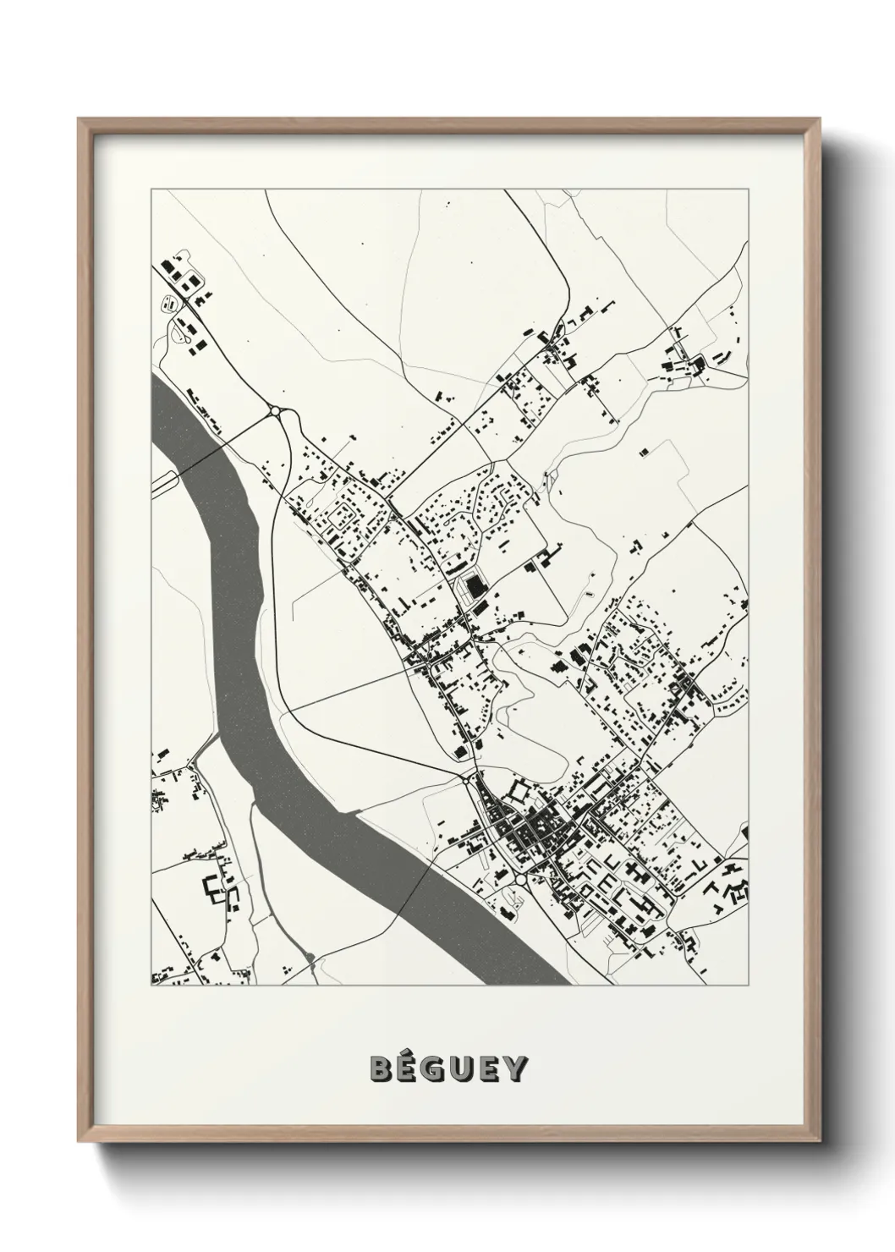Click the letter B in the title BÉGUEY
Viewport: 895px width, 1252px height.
380,1068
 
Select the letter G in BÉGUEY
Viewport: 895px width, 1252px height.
437,1068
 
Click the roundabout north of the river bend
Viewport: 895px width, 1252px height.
276,412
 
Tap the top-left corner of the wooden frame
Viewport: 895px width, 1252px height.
80,119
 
